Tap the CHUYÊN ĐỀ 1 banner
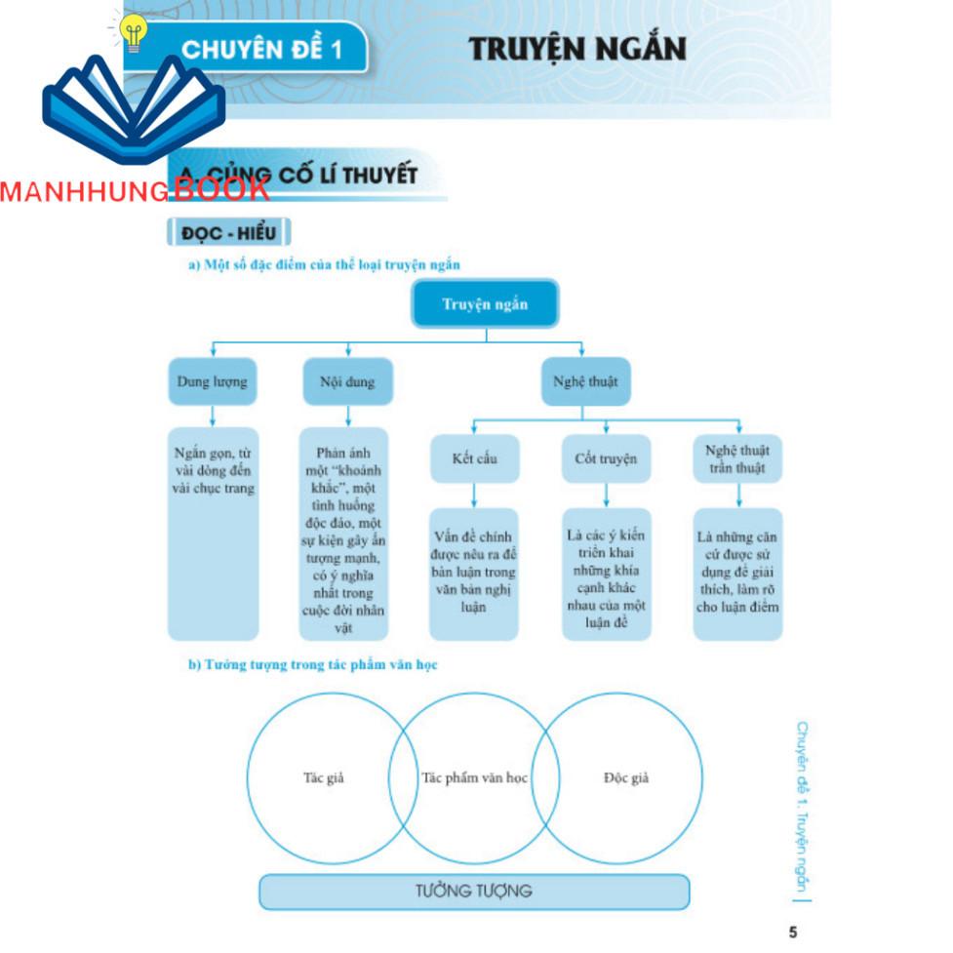(261, 49)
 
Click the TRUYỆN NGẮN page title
(577, 49)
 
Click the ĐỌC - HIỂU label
(229, 233)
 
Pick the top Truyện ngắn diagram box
(485, 305)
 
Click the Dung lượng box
(212, 381)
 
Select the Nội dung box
(346, 381)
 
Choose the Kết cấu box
(474, 458)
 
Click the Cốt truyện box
(606, 458)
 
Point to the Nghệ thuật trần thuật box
(737, 458)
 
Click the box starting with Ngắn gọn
(213, 533)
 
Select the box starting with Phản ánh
(343, 533)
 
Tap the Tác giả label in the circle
(324, 778)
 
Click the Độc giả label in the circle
(626, 778)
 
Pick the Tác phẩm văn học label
(474, 778)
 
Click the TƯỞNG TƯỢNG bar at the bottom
(474, 891)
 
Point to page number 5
(792, 933)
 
